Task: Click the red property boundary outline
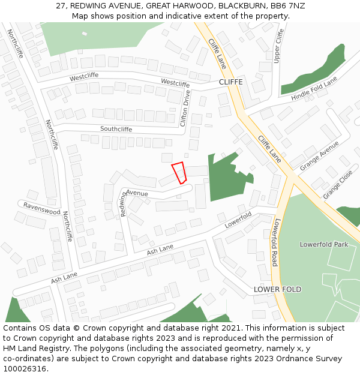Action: tap(179, 173)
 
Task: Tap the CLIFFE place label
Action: tap(230, 82)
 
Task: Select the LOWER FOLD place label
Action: tap(277, 289)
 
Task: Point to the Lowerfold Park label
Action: tap(324, 245)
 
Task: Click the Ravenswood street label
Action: tap(42, 208)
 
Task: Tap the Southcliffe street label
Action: tap(116, 129)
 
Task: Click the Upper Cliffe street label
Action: tap(278, 46)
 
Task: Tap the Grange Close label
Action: tap(338, 185)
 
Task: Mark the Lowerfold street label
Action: tap(238, 220)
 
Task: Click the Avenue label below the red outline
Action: tap(137, 193)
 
